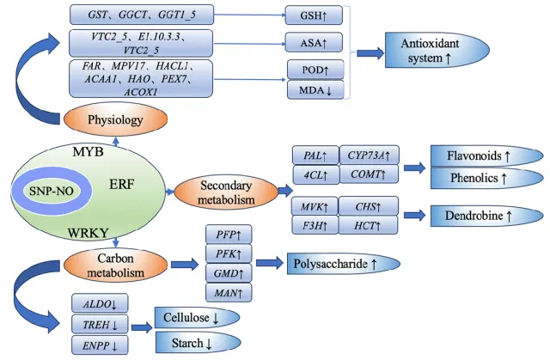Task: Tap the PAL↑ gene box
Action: click(x=315, y=156)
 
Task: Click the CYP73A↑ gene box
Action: click(x=370, y=156)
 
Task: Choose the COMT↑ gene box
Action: click(x=370, y=175)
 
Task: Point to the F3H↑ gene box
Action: click(x=315, y=226)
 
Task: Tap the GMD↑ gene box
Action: click(x=229, y=273)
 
